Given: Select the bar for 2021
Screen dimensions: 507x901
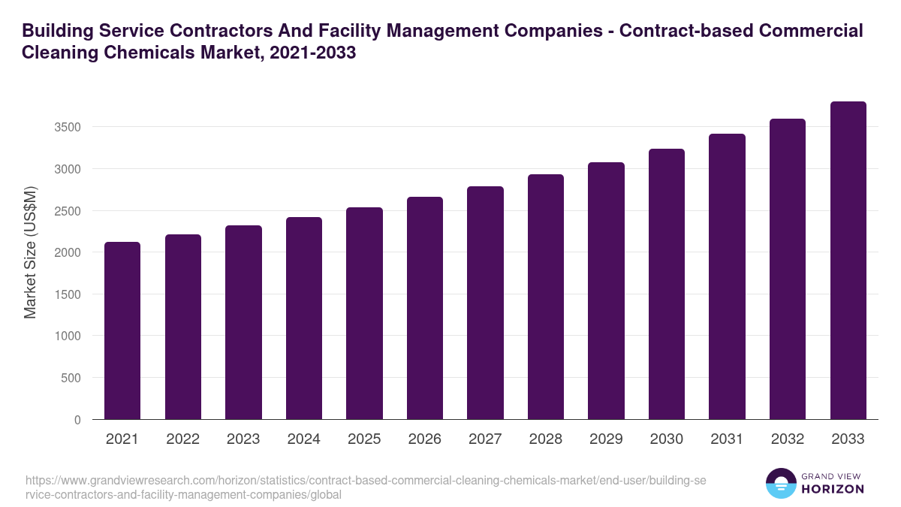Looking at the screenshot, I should pyautogui.click(x=122, y=330).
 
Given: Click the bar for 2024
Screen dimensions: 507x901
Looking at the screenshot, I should pyautogui.click(x=303, y=318).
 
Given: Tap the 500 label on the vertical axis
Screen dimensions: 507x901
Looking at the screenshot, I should pyautogui.click(x=71, y=378).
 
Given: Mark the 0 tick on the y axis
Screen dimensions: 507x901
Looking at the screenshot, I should pyautogui.click(x=77, y=420).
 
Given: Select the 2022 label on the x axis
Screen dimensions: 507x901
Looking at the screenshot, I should pyautogui.click(x=182, y=439).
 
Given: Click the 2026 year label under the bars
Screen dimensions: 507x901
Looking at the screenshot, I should pyautogui.click(x=424, y=439).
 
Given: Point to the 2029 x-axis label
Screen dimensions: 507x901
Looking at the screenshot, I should pyautogui.click(x=606, y=439).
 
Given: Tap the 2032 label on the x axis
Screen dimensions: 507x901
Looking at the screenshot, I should pyautogui.click(x=788, y=439).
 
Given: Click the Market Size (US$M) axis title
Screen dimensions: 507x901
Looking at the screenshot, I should pyautogui.click(x=30, y=251).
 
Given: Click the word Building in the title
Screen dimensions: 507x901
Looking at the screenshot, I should pyautogui.click(x=55, y=31).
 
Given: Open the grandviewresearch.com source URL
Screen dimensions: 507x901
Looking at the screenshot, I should pyautogui.click(x=363, y=487).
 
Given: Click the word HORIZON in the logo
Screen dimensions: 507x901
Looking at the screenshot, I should pyautogui.click(x=831, y=488).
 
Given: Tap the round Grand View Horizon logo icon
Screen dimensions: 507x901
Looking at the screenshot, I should pyautogui.click(x=780, y=483).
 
